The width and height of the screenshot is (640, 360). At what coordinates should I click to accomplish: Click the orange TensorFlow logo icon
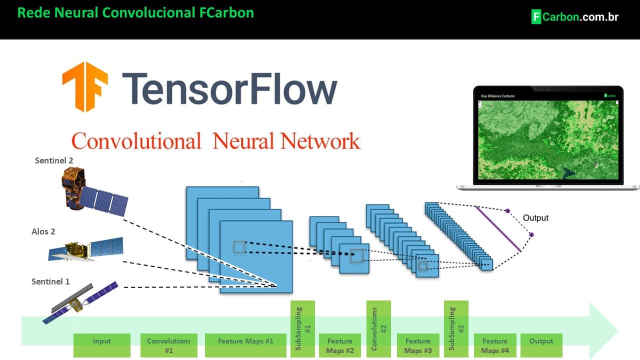coord(84,86)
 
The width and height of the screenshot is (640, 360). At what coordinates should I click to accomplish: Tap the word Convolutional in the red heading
coord(136,141)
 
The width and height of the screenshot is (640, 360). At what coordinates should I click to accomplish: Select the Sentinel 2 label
coord(54,160)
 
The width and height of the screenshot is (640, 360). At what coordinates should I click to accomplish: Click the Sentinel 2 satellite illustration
coord(92,192)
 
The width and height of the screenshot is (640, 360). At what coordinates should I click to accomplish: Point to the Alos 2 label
coord(43,231)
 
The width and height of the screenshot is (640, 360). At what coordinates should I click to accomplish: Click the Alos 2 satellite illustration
coord(86,248)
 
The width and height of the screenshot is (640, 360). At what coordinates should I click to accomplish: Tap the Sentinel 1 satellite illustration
coord(80,301)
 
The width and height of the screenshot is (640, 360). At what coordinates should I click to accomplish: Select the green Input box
coord(101,345)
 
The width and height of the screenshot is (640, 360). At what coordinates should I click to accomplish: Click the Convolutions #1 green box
coord(168,345)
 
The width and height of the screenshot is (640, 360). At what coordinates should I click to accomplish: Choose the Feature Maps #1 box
coord(245,345)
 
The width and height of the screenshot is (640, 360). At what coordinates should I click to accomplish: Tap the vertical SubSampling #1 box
coord(302,328)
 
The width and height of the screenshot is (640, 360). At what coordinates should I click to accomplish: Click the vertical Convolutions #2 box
coord(378,328)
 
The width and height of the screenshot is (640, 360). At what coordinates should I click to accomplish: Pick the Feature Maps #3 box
coord(418,345)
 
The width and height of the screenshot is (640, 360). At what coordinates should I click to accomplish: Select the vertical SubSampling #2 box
coord(456,328)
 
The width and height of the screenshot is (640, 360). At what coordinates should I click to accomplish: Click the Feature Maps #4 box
coord(495,345)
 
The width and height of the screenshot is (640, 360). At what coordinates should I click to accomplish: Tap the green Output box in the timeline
coord(541,345)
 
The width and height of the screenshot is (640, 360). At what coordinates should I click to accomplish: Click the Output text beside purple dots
coord(535,218)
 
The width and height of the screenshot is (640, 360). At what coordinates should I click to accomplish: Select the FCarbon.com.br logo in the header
coord(574,16)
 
